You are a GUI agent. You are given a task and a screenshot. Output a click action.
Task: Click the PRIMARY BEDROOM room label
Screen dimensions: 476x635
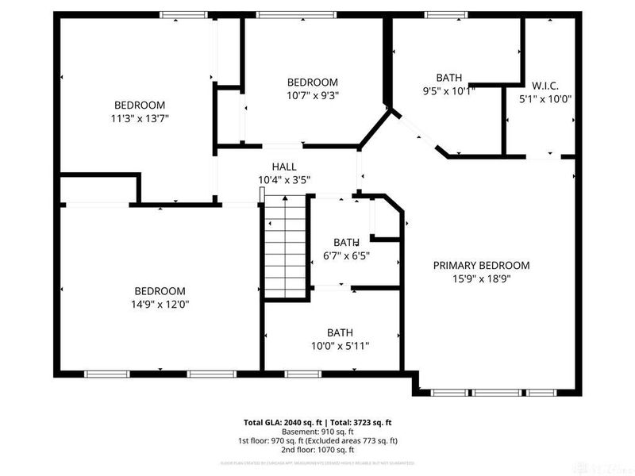(x=481, y=266)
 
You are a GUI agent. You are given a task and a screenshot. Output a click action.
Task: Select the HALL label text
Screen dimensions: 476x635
(x=284, y=167)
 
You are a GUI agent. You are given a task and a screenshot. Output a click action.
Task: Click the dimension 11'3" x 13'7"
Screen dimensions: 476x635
(x=140, y=118)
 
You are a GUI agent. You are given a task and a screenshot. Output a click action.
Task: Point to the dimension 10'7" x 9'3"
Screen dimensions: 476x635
(x=312, y=95)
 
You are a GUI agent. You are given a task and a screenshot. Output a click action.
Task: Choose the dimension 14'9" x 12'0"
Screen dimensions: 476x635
(x=160, y=304)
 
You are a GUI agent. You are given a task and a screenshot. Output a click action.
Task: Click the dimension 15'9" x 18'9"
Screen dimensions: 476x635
(x=481, y=279)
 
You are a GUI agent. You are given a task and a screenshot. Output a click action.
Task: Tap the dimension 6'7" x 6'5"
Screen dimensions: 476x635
(x=346, y=255)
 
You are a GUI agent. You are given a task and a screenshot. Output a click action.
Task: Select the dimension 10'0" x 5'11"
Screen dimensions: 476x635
(x=340, y=346)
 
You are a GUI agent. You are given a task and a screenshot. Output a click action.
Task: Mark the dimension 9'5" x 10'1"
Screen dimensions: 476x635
(x=448, y=90)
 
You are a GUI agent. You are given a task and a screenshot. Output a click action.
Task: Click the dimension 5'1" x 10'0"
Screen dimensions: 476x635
(x=545, y=100)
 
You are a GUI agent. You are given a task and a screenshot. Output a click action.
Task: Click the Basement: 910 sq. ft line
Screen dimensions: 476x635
(x=317, y=432)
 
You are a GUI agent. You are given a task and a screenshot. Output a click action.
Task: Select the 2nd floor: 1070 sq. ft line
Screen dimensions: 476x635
(x=317, y=450)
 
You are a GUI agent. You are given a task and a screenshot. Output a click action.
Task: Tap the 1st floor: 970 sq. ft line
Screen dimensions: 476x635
(x=317, y=441)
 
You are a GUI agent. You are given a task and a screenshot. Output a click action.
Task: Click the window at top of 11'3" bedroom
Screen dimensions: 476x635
(x=183, y=14)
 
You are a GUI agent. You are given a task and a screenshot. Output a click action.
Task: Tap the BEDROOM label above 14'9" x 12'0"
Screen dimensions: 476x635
(x=160, y=291)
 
